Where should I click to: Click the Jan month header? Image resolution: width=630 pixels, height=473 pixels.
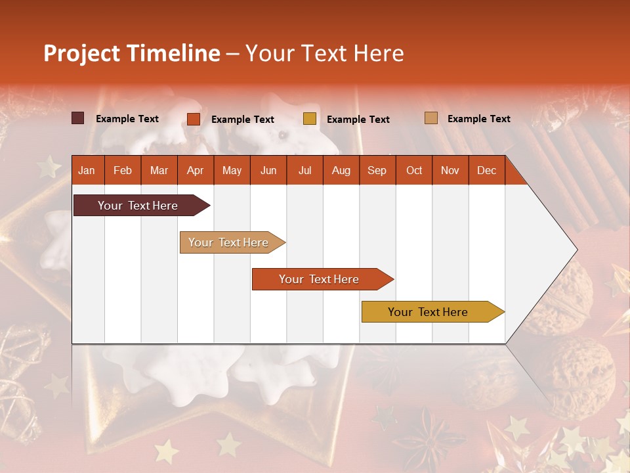(x=87, y=170)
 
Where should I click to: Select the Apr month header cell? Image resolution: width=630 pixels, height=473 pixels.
(x=196, y=170)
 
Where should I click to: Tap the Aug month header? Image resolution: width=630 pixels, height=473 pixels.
(x=341, y=170)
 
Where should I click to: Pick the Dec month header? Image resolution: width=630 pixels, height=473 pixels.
(x=486, y=170)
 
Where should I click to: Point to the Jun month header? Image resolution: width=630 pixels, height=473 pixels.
(x=268, y=170)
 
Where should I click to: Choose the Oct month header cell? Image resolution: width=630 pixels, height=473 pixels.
(x=414, y=170)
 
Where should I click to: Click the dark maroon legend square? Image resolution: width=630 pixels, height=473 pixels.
(x=77, y=118)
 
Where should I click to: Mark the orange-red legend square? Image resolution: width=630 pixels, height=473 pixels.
(x=194, y=119)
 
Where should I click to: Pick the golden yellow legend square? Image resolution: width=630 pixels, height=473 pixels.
(x=310, y=119)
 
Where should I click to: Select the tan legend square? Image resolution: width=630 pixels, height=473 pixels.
(x=430, y=118)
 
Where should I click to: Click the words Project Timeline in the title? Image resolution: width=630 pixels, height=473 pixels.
(x=131, y=53)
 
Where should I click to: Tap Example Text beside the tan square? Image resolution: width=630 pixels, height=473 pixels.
(x=478, y=118)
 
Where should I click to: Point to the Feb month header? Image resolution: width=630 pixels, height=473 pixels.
(x=123, y=170)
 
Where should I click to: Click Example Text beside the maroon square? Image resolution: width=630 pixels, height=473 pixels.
(x=127, y=118)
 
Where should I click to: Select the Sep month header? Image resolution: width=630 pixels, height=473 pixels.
(x=377, y=170)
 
